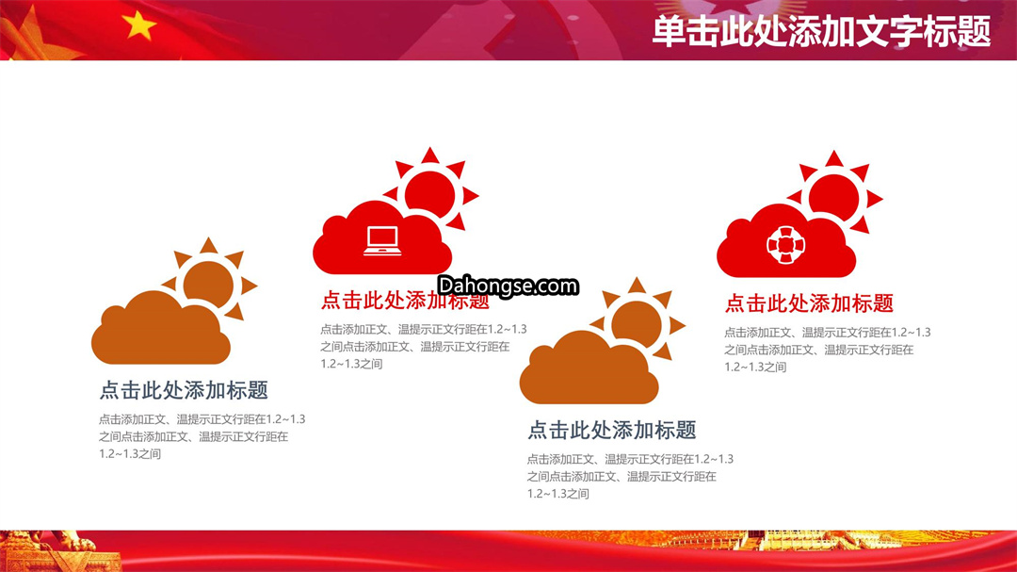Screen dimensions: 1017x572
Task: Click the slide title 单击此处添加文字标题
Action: [821, 31]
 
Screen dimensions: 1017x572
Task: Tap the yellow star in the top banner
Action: [138, 25]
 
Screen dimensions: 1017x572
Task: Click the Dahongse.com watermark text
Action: [508, 286]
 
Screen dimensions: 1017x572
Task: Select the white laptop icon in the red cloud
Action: [382, 241]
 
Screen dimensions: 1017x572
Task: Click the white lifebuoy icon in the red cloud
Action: [785, 245]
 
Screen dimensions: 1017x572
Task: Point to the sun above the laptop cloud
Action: [430, 192]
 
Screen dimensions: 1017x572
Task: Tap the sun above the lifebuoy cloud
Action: [834, 196]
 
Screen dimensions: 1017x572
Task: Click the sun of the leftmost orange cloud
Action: [209, 284]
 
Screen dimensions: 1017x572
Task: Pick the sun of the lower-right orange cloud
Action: [638, 322]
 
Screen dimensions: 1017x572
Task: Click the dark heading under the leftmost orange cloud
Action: [184, 390]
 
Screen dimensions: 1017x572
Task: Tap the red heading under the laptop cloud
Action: [405, 300]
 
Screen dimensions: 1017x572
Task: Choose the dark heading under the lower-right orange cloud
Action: [612, 430]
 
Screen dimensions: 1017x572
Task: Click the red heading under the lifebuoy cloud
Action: [809, 303]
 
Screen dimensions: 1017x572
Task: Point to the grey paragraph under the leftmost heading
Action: [202, 436]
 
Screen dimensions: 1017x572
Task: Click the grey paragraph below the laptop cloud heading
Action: [424, 347]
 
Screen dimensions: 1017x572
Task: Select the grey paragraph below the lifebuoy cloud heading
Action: [828, 350]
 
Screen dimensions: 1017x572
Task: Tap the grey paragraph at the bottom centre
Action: [630, 476]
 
